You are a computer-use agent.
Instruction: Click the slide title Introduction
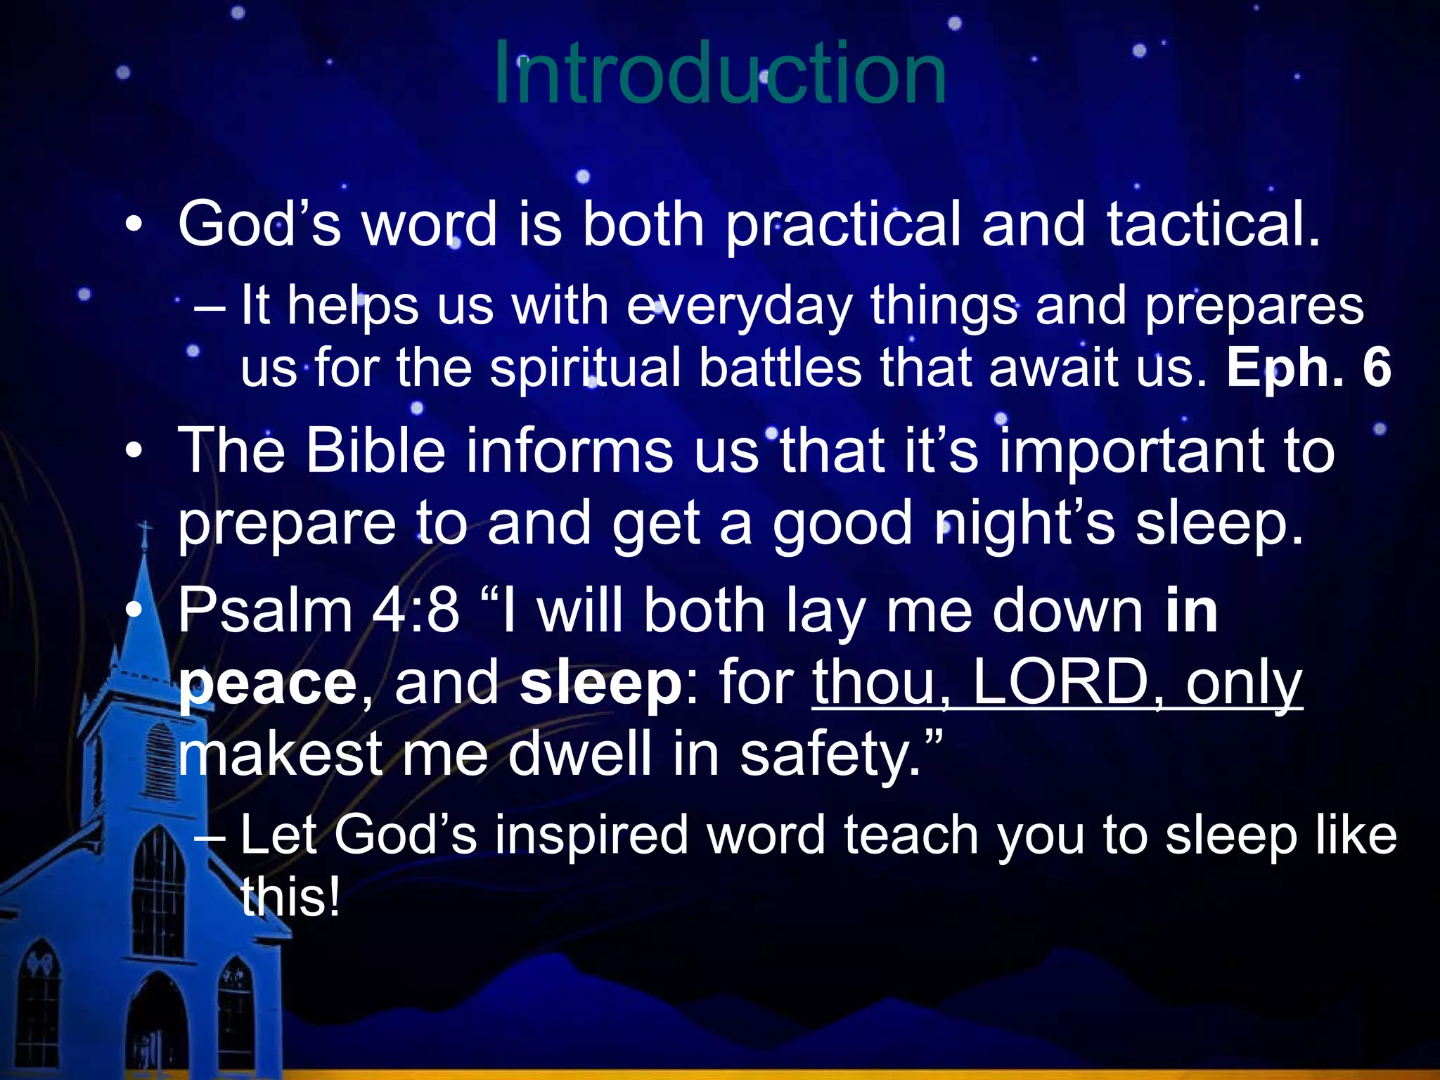coord(720,72)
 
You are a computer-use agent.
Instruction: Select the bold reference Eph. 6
coord(1309,367)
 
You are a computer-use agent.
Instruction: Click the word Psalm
coord(264,610)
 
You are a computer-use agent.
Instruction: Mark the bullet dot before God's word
coord(134,226)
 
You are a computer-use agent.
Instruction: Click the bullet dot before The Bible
coord(134,451)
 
